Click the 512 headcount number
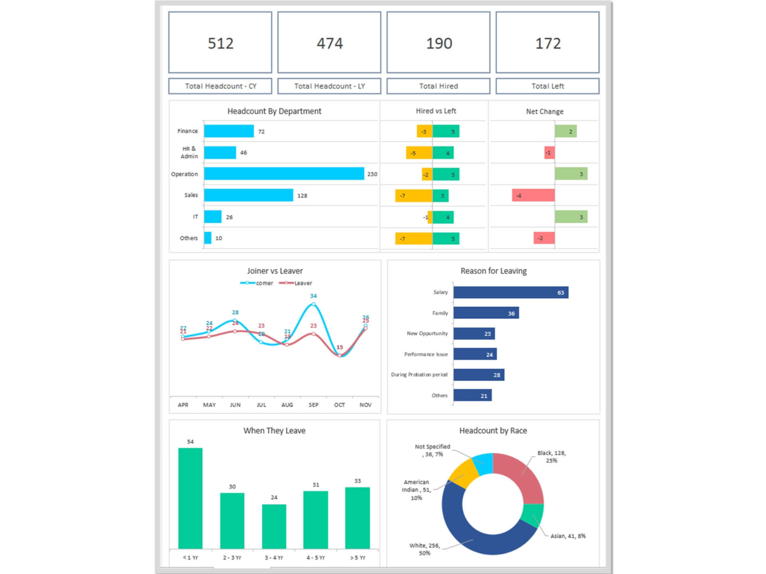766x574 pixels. (220, 43)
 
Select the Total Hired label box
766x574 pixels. (438, 86)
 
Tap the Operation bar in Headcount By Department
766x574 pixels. (284, 173)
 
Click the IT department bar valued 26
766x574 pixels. (213, 217)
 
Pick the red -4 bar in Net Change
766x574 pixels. (533, 195)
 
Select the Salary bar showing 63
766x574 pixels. (511, 292)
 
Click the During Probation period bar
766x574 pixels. (479, 375)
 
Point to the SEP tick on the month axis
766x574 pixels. (313, 405)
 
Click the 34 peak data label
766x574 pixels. (313, 296)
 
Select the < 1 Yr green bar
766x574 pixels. (191, 498)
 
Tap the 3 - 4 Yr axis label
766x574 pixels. (274, 558)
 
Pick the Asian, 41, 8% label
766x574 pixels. (568, 536)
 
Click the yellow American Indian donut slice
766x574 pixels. (463, 473)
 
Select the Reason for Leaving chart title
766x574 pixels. (493, 271)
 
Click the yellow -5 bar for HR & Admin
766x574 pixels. (419, 153)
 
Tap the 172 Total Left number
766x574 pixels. (548, 43)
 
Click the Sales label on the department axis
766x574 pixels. (191, 195)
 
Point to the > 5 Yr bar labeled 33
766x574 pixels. (358, 518)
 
